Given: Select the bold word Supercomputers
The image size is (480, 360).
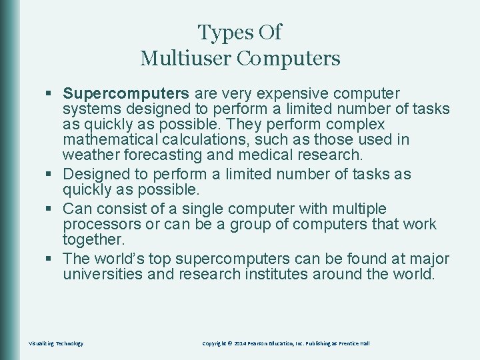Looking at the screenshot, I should point(127,93).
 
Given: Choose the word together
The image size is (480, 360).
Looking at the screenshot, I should point(93,239).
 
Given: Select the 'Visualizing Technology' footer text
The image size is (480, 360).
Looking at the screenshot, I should point(56,343).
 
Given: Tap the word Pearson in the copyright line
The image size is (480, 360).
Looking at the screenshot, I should point(261,343).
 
